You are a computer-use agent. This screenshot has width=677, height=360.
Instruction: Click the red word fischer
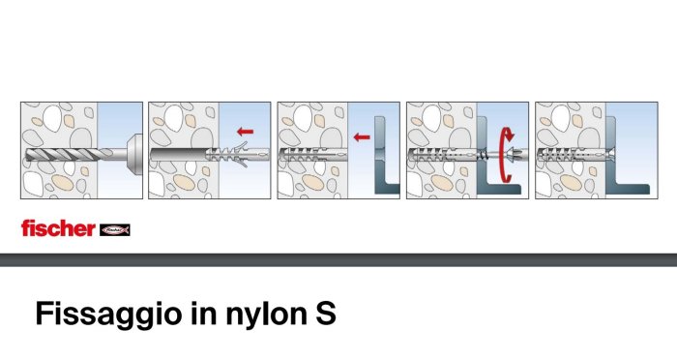(58, 228)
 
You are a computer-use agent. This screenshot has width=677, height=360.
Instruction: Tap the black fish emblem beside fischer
(115, 230)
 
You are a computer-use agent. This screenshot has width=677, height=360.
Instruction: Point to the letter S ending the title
(326, 314)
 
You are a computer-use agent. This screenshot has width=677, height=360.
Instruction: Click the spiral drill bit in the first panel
(69, 155)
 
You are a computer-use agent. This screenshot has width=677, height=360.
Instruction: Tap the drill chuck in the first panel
(134, 154)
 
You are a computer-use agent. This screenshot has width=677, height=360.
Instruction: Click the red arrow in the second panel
(246, 132)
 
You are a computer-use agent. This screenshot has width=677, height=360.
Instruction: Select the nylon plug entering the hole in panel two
(238, 154)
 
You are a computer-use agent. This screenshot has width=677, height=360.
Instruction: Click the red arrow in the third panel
(362, 137)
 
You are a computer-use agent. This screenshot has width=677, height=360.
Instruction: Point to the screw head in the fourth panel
(516, 154)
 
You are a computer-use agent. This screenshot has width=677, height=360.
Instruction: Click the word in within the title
(203, 314)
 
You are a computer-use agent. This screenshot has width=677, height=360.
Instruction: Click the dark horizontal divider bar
(338, 260)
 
